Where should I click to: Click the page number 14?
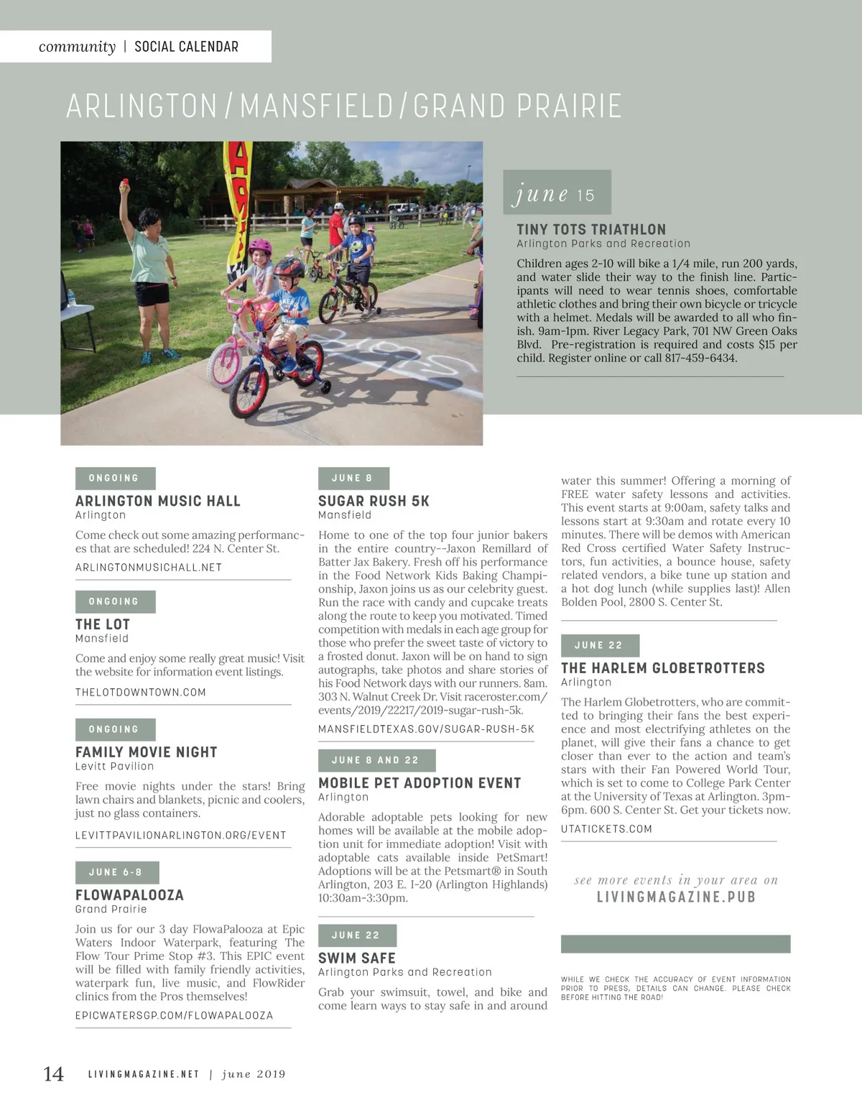tap(54, 1074)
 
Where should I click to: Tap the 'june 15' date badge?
tap(557, 193)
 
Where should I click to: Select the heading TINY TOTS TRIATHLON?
tap(591, 230)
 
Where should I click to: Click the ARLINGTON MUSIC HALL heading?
tap(158, 501)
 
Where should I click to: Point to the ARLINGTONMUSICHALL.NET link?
tap(149, 568)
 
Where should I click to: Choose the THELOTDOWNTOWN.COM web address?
tap(141, 693)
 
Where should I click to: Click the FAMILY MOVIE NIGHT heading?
tap(147, 752)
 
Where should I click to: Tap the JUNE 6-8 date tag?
tap(116, 872)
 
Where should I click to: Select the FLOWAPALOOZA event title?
tap(130, 895)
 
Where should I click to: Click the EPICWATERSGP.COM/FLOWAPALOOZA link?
tap(175, 1016)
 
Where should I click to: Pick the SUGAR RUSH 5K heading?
tap(374, 501)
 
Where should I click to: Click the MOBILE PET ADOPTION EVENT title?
tap(420, 783)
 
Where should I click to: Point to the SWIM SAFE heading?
tap(357, 958)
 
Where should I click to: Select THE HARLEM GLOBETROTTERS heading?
tap(663, 668)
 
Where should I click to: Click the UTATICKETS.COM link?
tap(607, 829)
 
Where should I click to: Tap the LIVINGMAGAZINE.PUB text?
tap(676, 897)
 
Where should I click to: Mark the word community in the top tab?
tap(77, 47)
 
